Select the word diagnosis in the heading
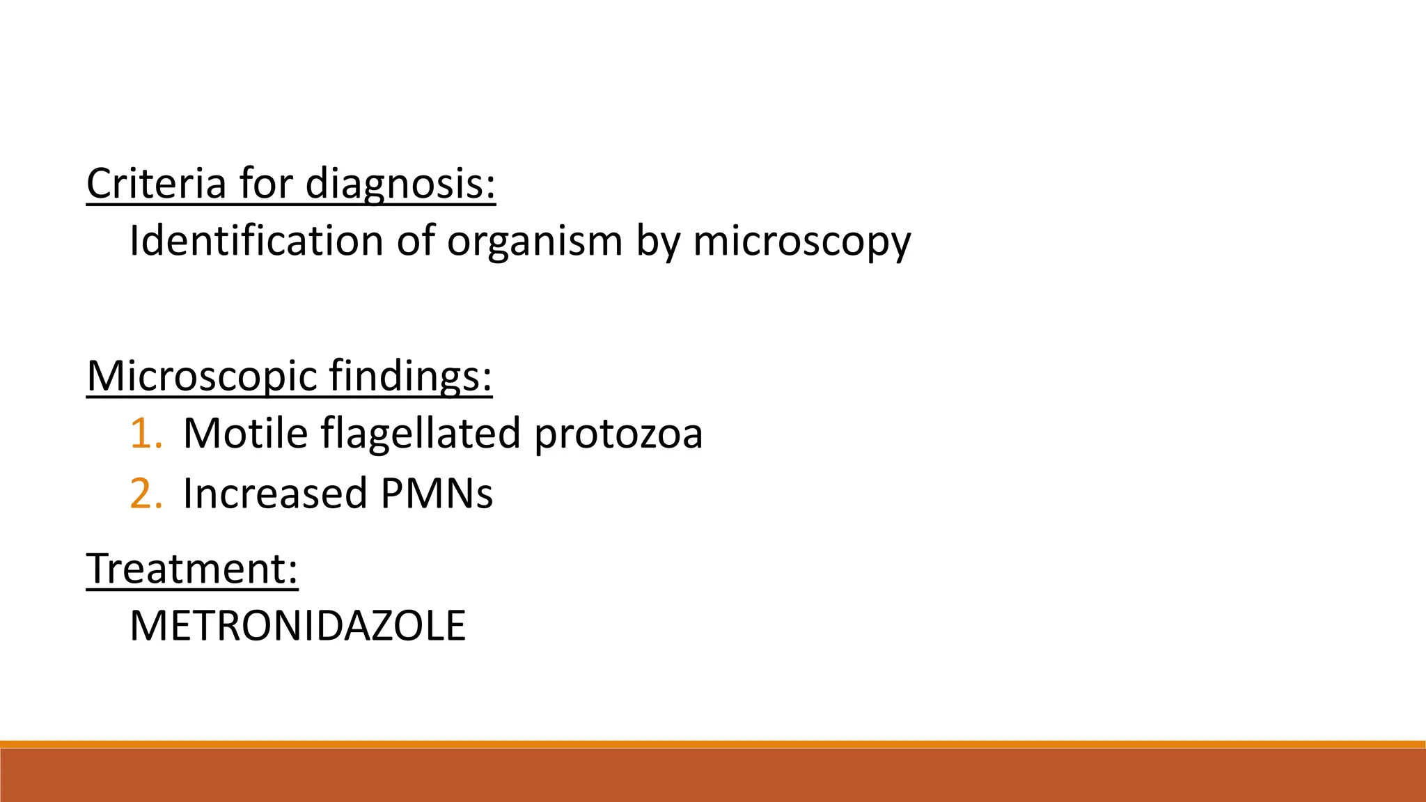click(400, 184)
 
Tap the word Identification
click(256, 241)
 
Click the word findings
click(410, 376)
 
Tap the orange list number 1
click(145, 433)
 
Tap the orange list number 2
click(145, 494)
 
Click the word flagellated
click(421, 433)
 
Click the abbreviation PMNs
click(437, 494)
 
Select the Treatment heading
click(192, 568)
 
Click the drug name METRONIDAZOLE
click(297, 626)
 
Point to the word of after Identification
click(416, 241)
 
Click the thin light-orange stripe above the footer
click(713, 744)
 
